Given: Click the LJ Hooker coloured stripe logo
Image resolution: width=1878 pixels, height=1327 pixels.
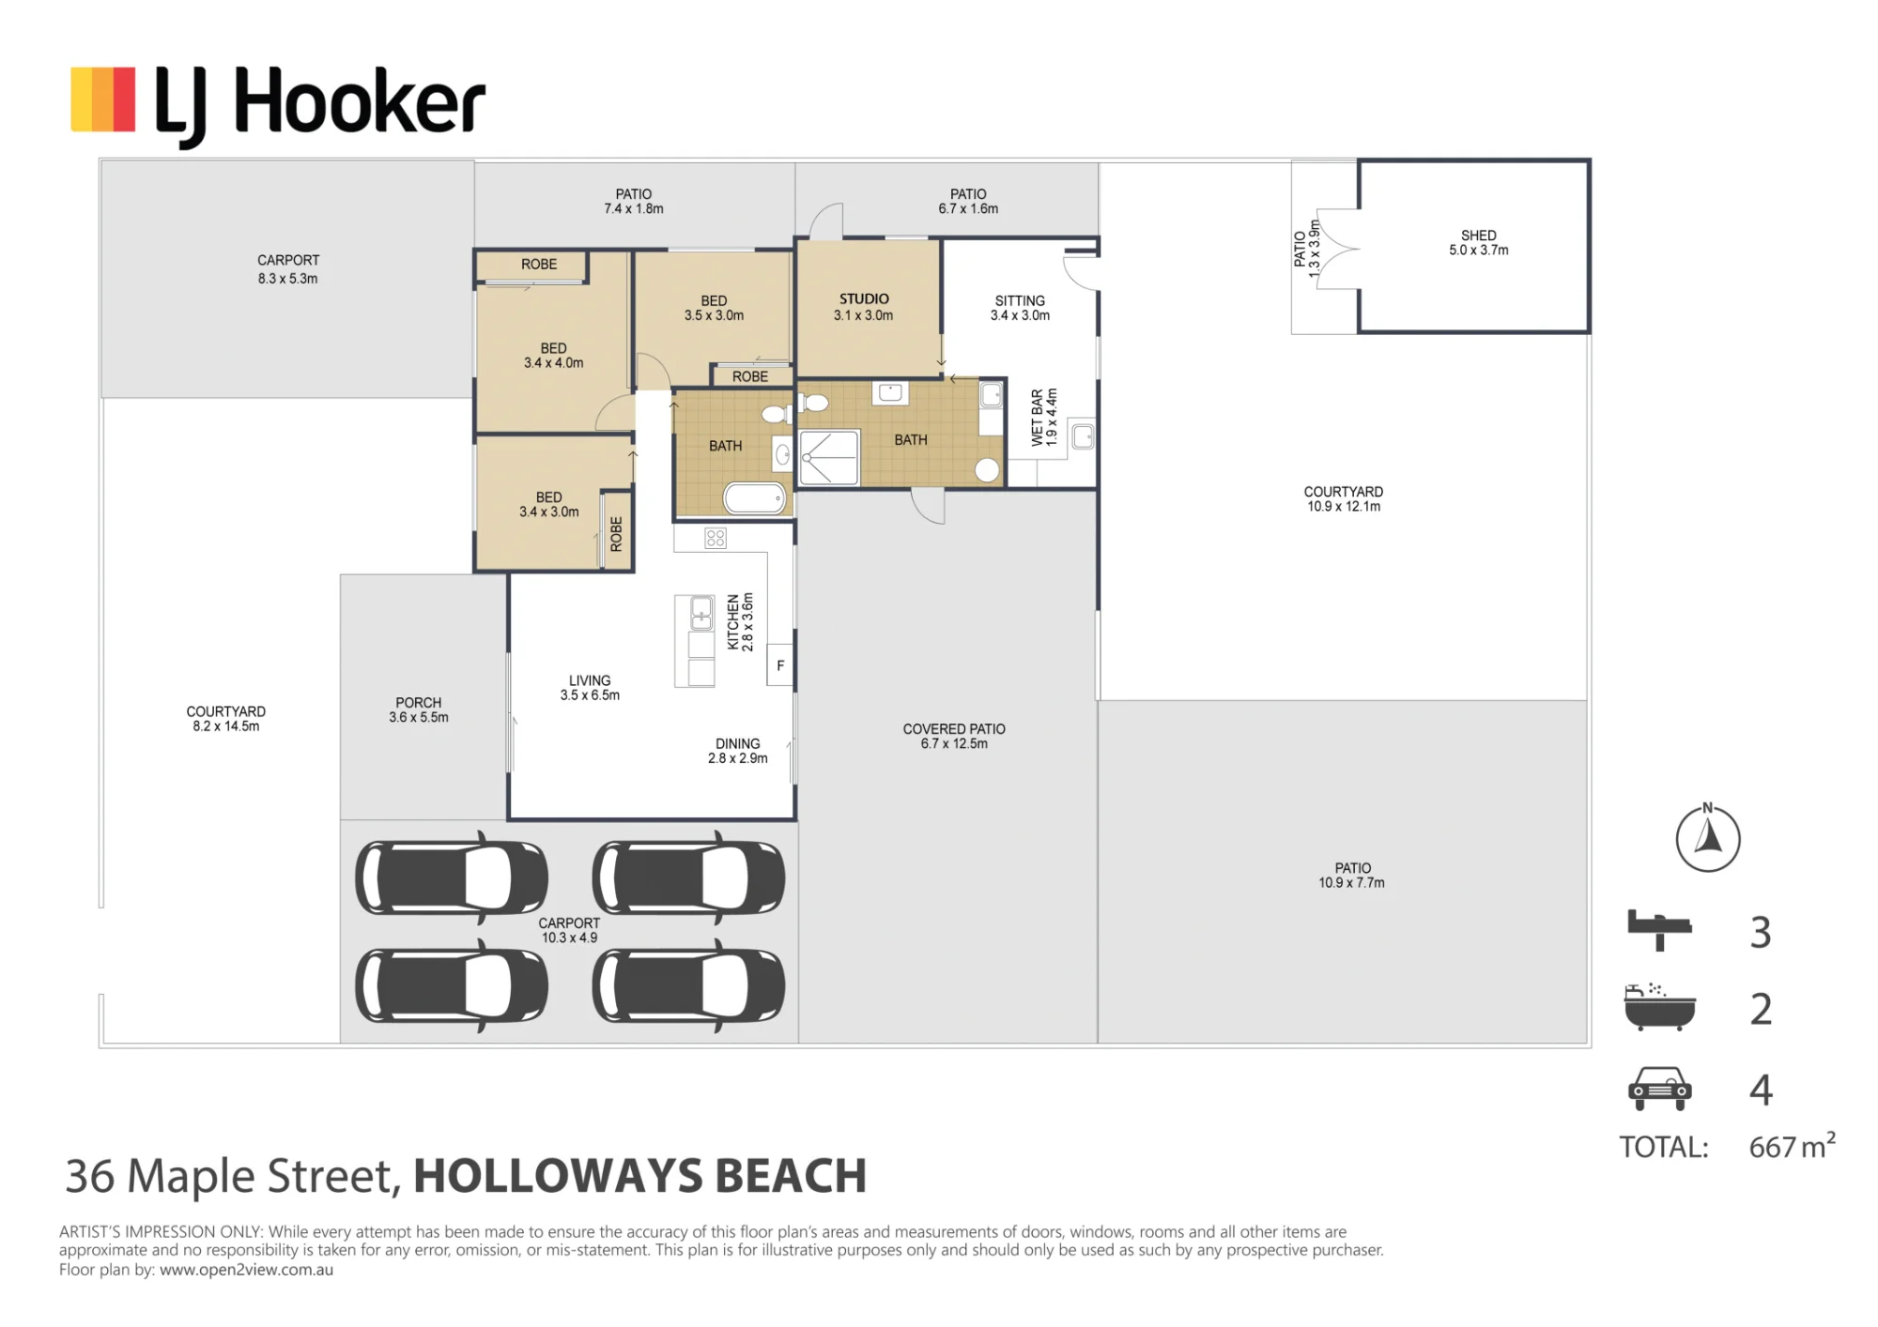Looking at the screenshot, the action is [x=103, y=99].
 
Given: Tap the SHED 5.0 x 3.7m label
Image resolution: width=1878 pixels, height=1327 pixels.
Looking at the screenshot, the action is [x=1478, y=243].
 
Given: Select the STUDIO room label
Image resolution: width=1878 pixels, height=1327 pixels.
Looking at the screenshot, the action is [x=864, y=298].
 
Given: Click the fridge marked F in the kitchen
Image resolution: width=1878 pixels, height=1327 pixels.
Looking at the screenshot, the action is [x=780, y=665].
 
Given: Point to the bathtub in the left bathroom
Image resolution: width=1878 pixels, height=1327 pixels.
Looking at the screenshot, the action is [x=754, y=498].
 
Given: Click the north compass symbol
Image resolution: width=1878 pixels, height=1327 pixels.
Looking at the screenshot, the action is [x=1708, y=837].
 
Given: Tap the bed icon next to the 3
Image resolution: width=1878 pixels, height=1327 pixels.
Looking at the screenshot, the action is [x=1659, y=930].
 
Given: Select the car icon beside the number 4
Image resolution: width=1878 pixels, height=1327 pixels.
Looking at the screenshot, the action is [x=1659, y=1089].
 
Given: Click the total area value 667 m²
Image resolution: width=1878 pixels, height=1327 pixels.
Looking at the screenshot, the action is [x=1792, y=1146].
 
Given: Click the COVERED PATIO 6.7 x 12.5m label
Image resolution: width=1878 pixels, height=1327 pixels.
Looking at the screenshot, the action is [x=954, y=736].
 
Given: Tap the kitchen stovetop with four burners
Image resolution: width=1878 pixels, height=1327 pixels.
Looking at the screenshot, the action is [x=716, y=538].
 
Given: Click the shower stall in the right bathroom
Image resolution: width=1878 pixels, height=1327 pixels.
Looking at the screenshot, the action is [x=828, y=458].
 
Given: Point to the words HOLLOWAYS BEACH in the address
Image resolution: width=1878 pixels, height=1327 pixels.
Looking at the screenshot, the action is [x=640, y=1176].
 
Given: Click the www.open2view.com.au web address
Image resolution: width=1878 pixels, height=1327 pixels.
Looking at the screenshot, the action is [x=246, y=1270].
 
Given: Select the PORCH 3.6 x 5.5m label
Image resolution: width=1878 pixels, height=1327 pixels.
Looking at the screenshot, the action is [x=419, y=709].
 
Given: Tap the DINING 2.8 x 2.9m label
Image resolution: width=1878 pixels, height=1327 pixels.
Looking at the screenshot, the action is [x=738, y=751].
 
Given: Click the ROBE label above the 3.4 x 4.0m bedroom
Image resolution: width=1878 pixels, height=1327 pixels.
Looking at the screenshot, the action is [x=539, y=265].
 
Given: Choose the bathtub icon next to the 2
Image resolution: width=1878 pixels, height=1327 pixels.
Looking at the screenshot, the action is [x=1659, y=1007].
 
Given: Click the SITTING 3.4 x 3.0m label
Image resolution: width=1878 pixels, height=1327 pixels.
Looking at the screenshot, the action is [x=1020, y=308].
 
